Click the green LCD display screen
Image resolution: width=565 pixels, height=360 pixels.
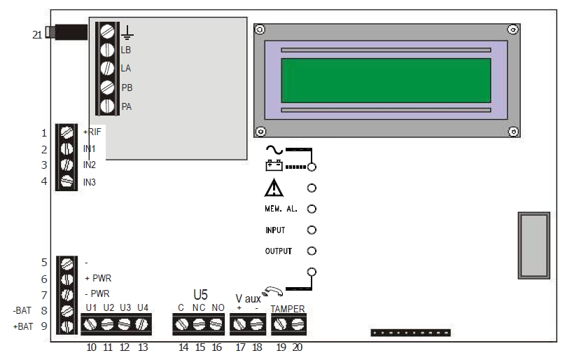385,80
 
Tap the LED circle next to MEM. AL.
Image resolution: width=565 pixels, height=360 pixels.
312,209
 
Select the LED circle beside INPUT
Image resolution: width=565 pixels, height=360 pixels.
312,230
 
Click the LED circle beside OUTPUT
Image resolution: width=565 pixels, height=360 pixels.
312,251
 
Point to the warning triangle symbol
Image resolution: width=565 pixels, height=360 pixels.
274,188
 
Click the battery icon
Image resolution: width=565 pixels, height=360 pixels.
274,167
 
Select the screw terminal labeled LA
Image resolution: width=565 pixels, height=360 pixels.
108,69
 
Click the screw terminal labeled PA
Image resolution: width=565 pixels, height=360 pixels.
108,106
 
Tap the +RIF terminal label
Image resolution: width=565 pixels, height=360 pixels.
93,132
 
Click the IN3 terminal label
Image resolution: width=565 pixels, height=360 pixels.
90,182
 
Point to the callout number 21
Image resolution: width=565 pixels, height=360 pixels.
37,33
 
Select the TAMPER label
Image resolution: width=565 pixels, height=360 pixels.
288,309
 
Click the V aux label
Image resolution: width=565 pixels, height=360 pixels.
248,298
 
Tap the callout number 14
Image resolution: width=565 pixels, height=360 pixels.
183,346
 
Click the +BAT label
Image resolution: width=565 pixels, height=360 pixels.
24,327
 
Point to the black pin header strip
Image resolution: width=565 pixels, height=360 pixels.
410,333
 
